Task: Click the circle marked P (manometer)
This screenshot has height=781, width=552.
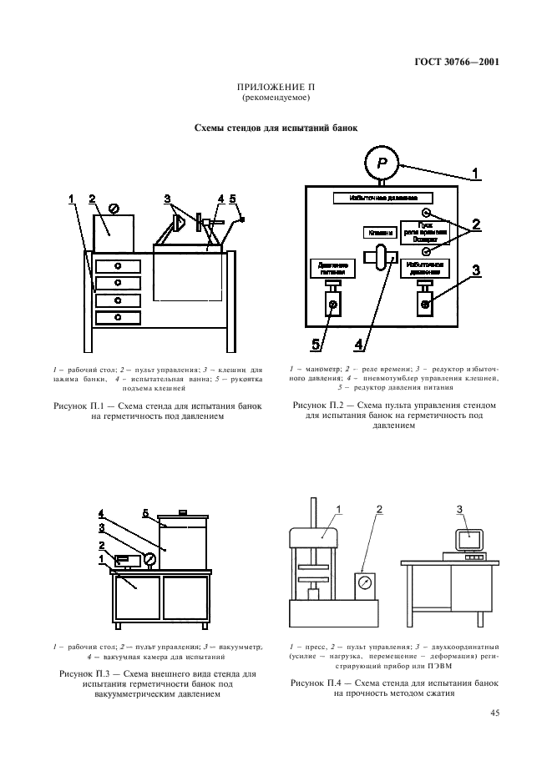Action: [381, 160]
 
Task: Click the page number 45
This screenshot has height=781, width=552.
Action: [496, 713]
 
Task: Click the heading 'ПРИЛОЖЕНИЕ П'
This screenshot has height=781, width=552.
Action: [276, 88]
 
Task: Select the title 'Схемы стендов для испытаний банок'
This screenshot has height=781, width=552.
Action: [276, 128]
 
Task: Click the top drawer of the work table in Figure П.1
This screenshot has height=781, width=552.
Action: [117, 265]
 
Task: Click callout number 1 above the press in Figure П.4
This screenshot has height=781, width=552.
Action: [339, 509]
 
